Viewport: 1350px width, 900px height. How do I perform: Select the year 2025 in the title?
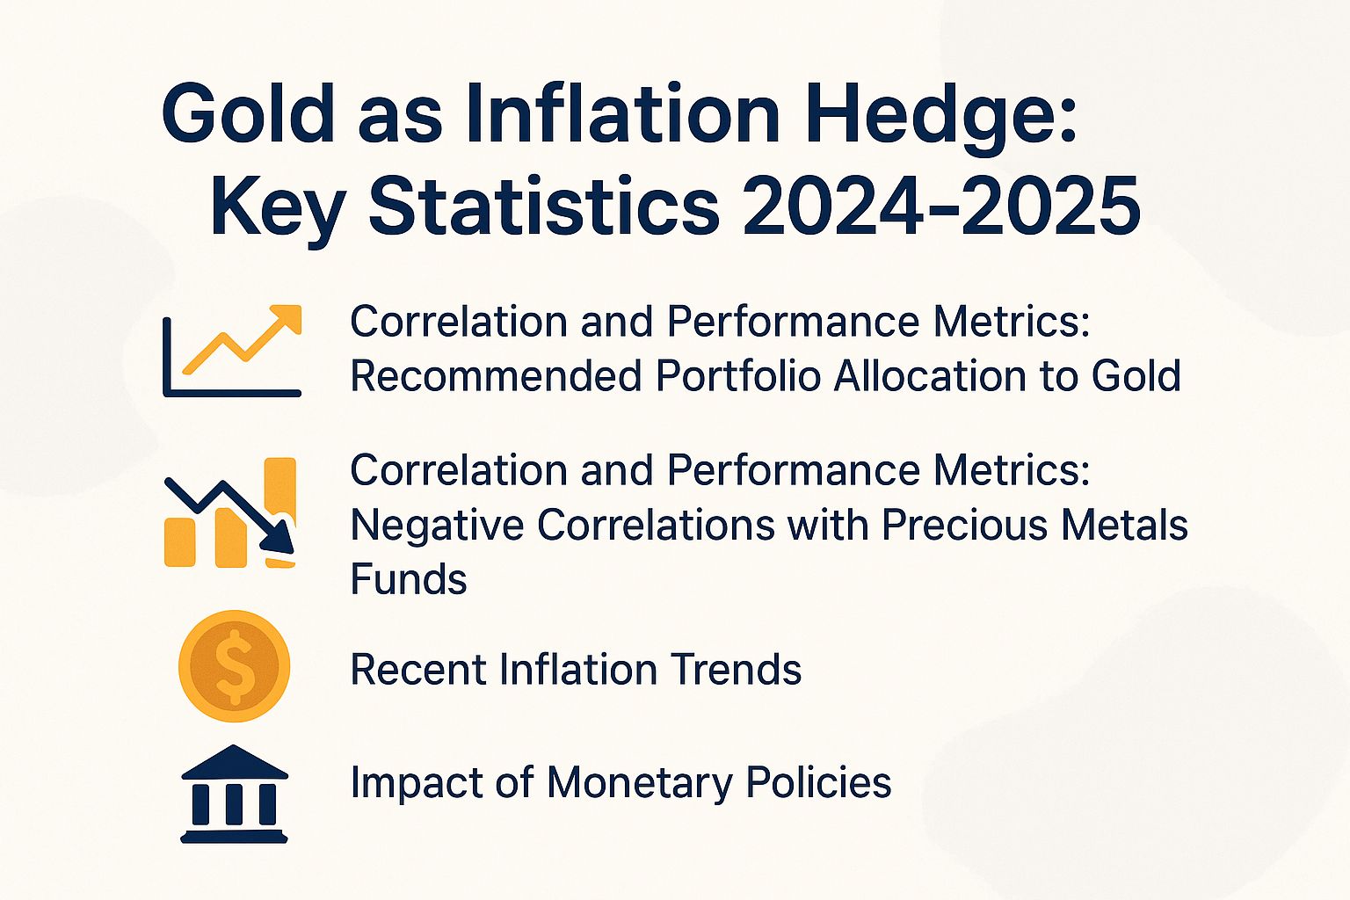(x=1051, y=207)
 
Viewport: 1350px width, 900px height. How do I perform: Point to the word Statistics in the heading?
(x=544, y=207)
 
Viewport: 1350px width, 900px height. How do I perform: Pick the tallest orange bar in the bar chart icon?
(x=280, y=492)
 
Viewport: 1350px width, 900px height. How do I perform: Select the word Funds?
(x=409, y=580)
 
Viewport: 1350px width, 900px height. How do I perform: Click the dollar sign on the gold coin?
(x=234, y=666)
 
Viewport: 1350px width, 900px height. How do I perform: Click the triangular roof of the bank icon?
(x=234, y=762)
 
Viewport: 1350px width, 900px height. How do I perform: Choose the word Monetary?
(x=640, y=782)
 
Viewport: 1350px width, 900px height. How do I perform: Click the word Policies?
(x=818, y=782)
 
